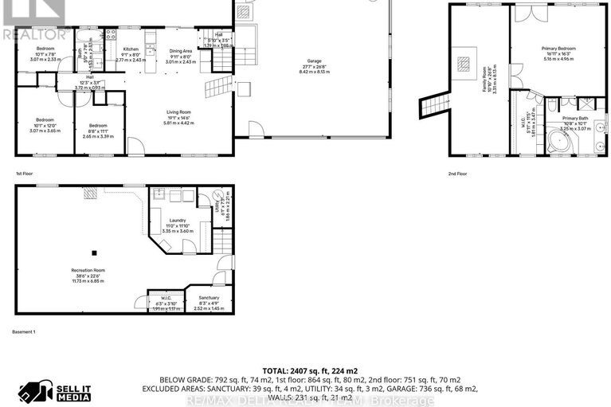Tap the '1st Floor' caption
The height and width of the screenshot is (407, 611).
tap(24, 173)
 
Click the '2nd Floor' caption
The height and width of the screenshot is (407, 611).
tap(457, 173)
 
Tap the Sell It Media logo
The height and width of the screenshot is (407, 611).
tap(60, 391)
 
